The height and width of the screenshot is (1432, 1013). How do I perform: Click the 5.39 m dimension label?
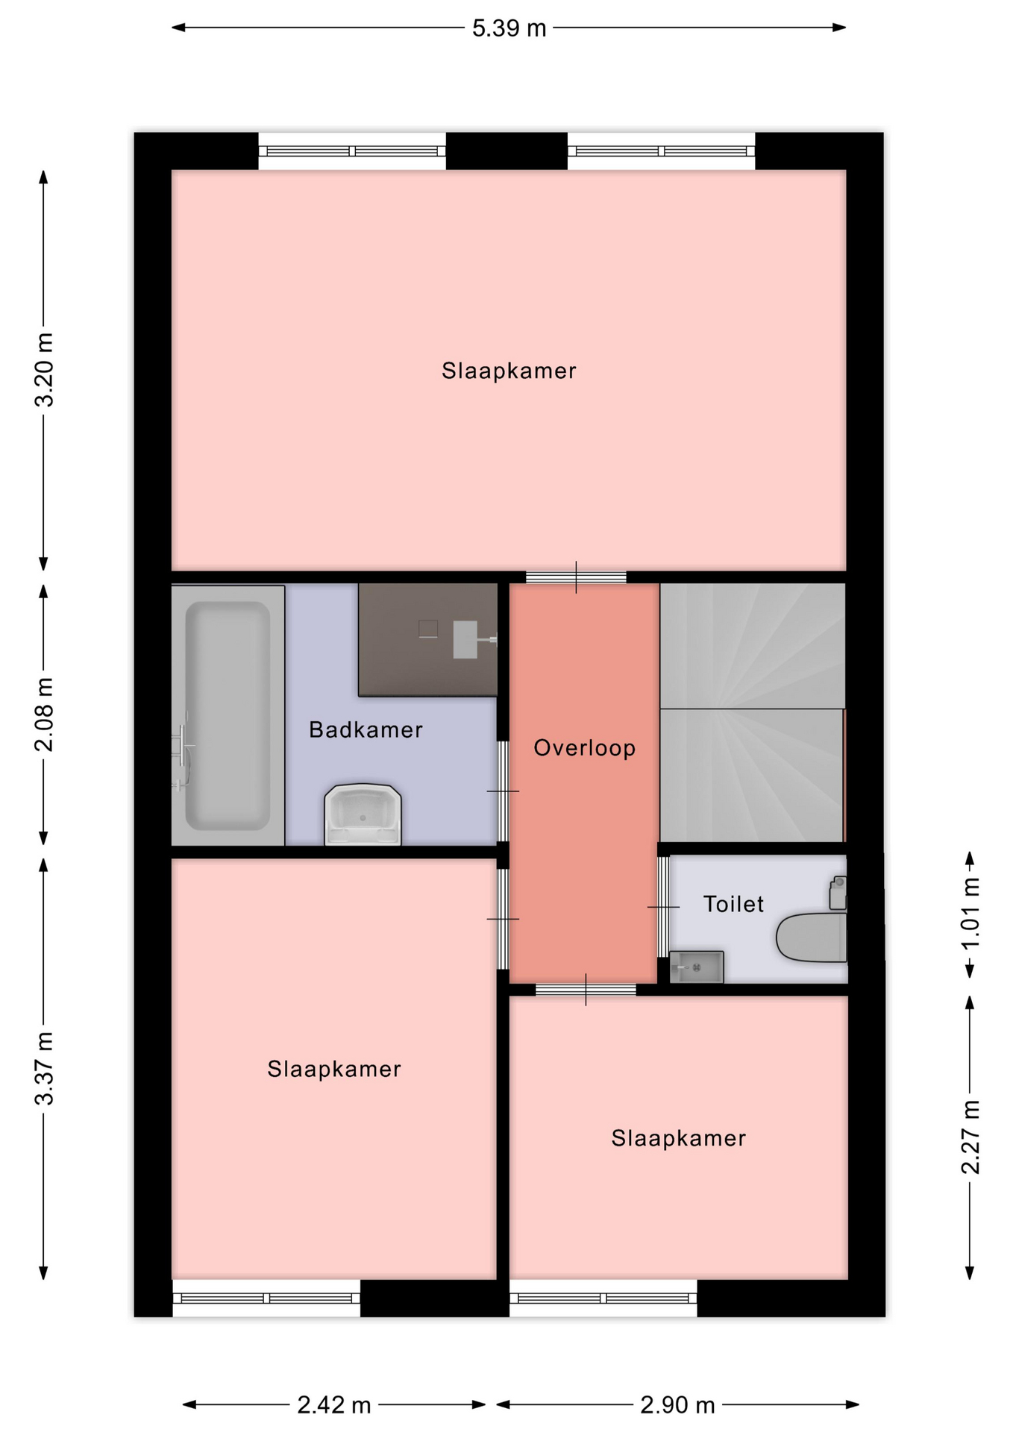point(509,28)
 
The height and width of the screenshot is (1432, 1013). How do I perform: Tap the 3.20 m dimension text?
point(45,370)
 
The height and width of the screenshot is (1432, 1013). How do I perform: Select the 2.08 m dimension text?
point(45,715)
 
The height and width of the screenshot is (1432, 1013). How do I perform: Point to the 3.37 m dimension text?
point(45,1069)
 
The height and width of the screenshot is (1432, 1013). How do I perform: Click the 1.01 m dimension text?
point(970,913)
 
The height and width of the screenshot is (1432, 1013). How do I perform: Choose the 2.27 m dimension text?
point(970,1137)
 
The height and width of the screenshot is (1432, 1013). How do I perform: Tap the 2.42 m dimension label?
point(334,1405)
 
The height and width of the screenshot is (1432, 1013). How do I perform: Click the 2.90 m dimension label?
point(677,1405)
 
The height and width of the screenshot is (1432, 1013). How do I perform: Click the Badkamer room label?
point(366,729)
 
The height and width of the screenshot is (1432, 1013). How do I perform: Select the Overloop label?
point(585,748)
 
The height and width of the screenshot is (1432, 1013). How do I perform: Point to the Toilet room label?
point(733,904)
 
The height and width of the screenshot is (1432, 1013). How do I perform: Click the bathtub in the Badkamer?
point(228,715)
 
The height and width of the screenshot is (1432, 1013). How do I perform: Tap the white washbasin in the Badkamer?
point(363,814)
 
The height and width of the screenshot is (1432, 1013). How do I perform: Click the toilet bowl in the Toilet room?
point(812,937)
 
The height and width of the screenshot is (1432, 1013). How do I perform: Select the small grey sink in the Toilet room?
point(697,967)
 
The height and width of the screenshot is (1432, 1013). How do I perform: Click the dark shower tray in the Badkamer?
point(427,640)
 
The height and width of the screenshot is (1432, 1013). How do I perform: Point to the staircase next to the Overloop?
point(752,713)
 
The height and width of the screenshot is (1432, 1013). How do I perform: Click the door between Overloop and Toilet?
point(662,907)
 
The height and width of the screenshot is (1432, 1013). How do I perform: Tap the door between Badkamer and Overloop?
point(504,791)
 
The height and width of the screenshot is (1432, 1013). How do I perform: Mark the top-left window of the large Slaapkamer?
point(352,151)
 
